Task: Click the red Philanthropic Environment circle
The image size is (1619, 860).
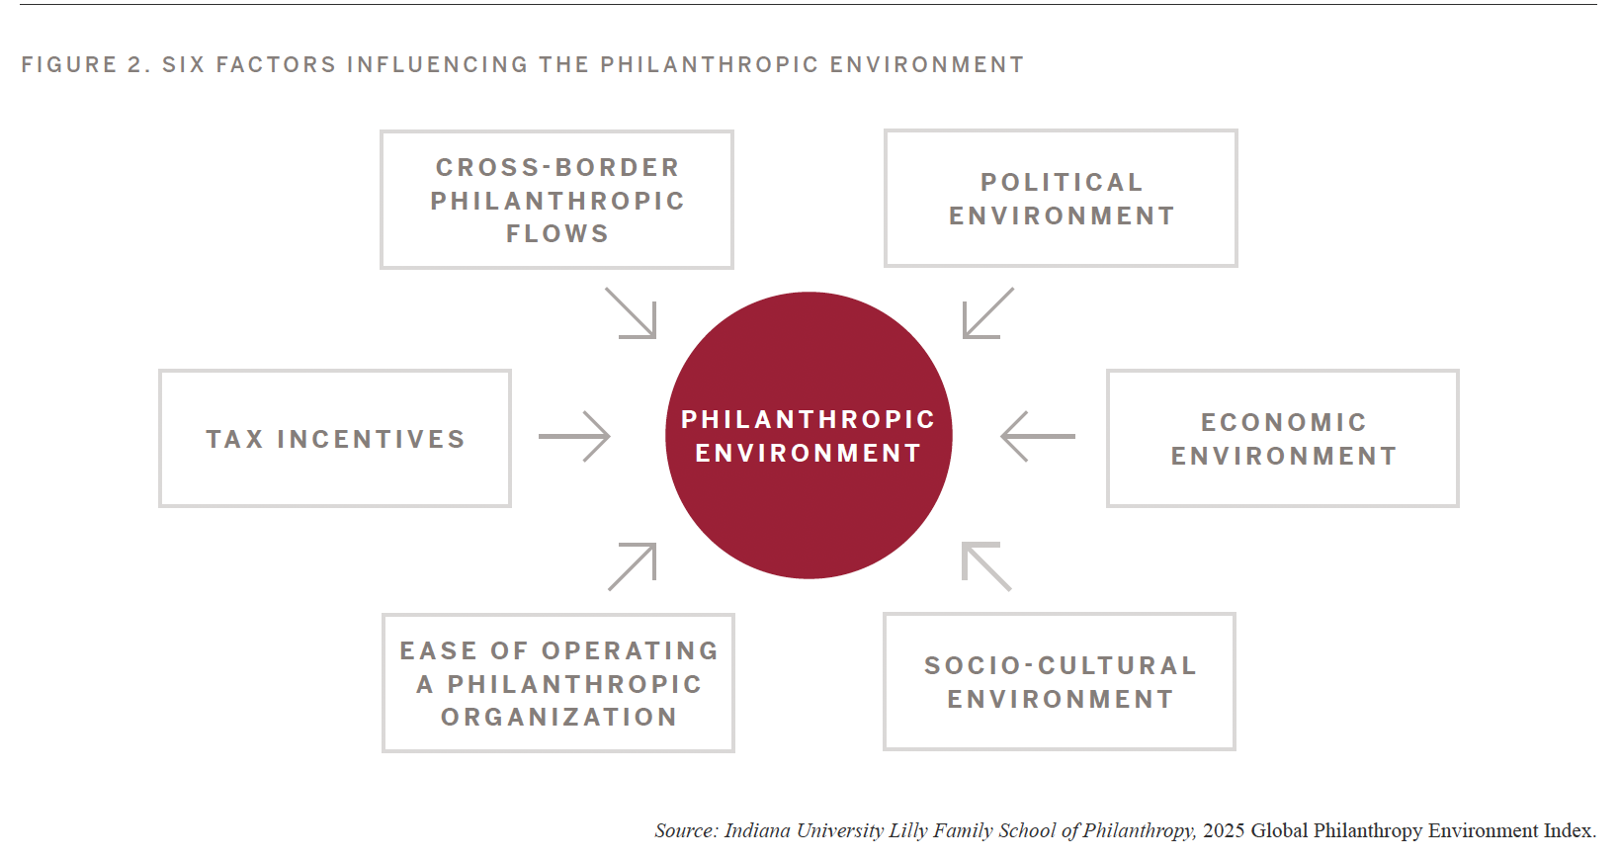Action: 809,435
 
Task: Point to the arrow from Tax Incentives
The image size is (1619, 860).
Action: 574,437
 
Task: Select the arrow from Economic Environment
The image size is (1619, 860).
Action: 1038,437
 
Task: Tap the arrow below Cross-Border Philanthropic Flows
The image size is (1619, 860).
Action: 631,313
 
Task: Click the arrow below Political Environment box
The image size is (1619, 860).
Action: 988,313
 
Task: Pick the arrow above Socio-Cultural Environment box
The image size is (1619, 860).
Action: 986,566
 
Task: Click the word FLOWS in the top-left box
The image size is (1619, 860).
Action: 557,234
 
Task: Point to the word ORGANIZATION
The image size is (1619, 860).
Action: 558,717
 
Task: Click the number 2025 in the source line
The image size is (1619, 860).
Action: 1224,830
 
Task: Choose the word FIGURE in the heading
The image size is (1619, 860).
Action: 69,64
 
